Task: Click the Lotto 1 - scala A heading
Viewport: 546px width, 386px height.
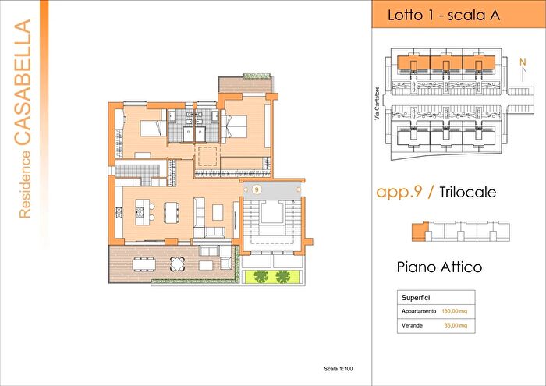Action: [444, 16]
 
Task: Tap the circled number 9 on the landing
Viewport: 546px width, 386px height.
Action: [257, 189]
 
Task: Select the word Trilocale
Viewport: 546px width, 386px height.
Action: [468, 192]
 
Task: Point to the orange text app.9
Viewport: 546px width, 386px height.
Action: [399, 192]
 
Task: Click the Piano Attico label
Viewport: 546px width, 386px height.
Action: [439, 267]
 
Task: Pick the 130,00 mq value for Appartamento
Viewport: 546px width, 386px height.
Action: [455, 311]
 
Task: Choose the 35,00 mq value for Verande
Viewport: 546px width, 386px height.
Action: [456, 326]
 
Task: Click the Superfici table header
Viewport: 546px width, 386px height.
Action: [416, 298]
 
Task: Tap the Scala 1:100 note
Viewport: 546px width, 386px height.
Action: [338, 369]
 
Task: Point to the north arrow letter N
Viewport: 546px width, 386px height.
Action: [523, 62]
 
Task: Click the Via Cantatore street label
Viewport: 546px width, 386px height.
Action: [377, 104]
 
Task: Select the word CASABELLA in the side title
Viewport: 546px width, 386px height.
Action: [23, 82]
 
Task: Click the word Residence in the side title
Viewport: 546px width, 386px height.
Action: [25, 185]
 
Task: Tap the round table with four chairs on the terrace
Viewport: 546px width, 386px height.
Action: [177, 264]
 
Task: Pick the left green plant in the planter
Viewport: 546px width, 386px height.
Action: [261, 276]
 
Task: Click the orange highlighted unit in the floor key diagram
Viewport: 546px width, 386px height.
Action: [420, 231]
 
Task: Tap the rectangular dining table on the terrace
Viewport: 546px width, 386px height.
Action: [144, 264]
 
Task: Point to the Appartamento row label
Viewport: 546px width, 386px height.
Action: [419, 311]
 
